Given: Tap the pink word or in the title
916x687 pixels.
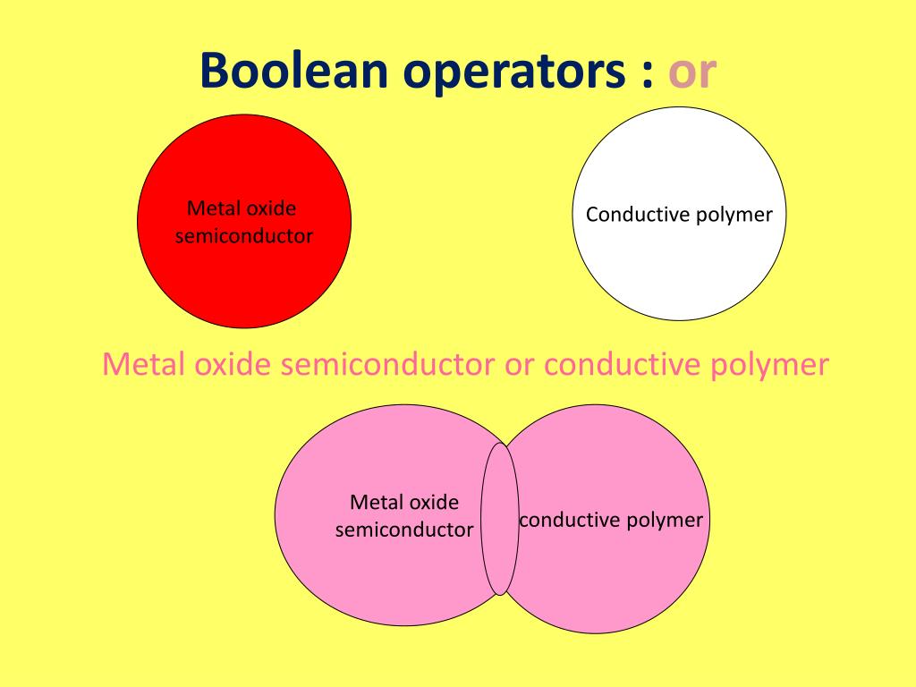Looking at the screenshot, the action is coord(693,72).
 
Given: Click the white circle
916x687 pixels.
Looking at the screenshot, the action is coord(680,268).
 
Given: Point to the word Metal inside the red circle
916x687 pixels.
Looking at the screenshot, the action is coord(208,209).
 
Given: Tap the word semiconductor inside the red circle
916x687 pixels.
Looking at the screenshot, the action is coord(243,236).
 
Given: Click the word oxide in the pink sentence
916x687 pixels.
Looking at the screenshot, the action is coord(230,365).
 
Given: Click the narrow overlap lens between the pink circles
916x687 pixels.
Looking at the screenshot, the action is coord(500,519).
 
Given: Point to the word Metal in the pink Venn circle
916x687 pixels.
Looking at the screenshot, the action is coord(372,502).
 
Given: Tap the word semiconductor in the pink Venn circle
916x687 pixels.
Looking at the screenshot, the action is coord(404,530).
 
